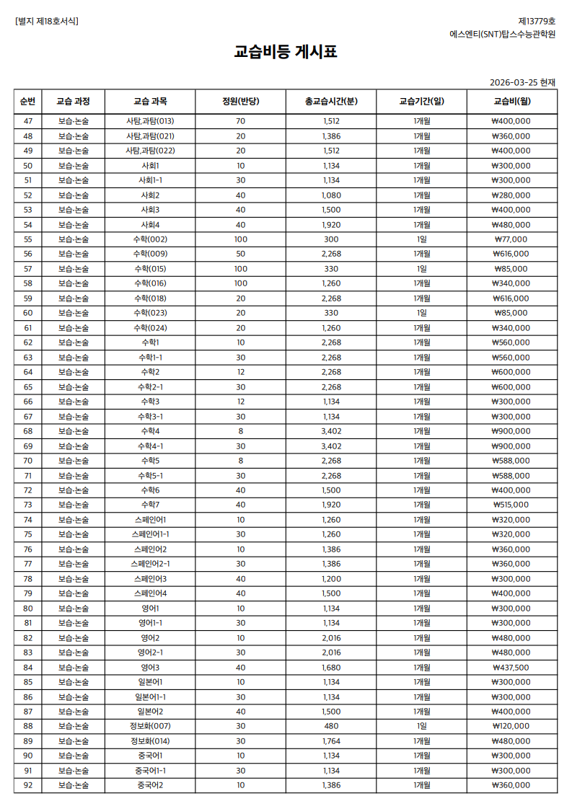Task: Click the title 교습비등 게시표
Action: click(286, 52)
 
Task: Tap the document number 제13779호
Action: click(537, 21)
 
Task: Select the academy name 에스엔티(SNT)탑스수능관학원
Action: click(502, 34)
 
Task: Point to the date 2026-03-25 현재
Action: click(522, 82)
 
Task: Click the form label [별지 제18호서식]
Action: click(47, 21)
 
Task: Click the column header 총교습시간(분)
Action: click(331, 101)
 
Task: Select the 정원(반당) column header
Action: click(240, 101)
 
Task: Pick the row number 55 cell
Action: click(28, 239)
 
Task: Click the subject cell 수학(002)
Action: click(150, 239)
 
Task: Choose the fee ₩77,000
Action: click(511, 239)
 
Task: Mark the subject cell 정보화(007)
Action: click(150, 726)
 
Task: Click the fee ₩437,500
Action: click(511, 667)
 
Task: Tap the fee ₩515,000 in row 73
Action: click(511, 505)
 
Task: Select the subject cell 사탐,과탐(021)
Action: click(150, 136)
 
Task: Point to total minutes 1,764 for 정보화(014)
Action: click(331, 741)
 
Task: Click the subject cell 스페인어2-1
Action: click(150, 564)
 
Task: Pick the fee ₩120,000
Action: click(511, 726)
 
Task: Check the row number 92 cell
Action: click(28, 785)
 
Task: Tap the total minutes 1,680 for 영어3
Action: click(331, 667)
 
